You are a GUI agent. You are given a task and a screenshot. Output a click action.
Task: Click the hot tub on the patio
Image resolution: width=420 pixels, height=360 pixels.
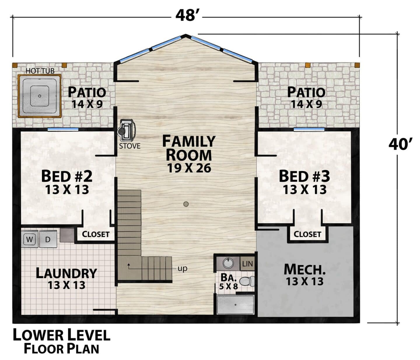[39, 96]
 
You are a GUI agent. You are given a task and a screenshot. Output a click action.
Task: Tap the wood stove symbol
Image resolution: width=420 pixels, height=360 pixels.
[126, 131]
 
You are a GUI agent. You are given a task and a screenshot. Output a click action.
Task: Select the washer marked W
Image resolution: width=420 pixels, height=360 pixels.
[30, 239]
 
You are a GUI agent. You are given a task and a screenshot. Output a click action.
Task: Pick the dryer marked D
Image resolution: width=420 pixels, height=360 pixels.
[48, 239]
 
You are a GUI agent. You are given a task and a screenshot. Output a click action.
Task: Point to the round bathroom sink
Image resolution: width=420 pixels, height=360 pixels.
[228, 263]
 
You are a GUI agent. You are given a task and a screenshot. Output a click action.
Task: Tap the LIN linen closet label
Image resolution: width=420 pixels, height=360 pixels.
[248, 264]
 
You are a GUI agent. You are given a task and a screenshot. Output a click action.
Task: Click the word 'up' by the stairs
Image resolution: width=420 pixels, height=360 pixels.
[182, 269]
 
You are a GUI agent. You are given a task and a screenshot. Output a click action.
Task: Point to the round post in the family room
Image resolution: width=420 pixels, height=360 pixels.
[186, 204]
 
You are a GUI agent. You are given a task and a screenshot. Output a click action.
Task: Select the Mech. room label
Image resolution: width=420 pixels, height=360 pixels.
[304, 270]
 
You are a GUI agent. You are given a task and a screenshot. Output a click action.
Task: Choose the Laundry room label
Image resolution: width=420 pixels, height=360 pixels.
[66, 273]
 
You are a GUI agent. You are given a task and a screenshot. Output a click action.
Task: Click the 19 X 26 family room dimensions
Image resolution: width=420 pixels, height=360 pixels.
[189, 168]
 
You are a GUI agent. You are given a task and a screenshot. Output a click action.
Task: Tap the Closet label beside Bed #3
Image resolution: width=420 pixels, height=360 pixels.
[307, 234]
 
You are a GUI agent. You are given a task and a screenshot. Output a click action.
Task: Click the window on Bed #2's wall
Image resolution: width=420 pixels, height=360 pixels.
[63, 129]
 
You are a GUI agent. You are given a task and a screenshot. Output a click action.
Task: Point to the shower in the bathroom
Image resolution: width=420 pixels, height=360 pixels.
[235, 305]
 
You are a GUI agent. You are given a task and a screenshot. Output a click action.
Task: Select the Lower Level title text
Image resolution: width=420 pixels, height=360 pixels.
[62, 335]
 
